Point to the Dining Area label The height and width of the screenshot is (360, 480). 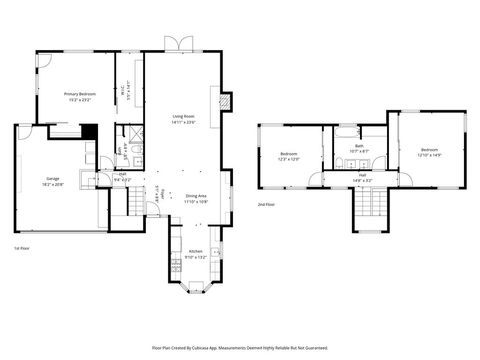click(196, 198)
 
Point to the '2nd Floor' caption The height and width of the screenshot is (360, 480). click(265, 204)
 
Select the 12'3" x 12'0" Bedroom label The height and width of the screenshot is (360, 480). click(290, 155)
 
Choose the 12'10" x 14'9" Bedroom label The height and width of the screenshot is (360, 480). click(429, 152)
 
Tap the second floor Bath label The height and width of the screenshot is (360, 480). click(359, 148)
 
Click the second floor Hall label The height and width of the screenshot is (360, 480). click(363, 178)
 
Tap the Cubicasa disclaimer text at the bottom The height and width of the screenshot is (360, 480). click(240, 348)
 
